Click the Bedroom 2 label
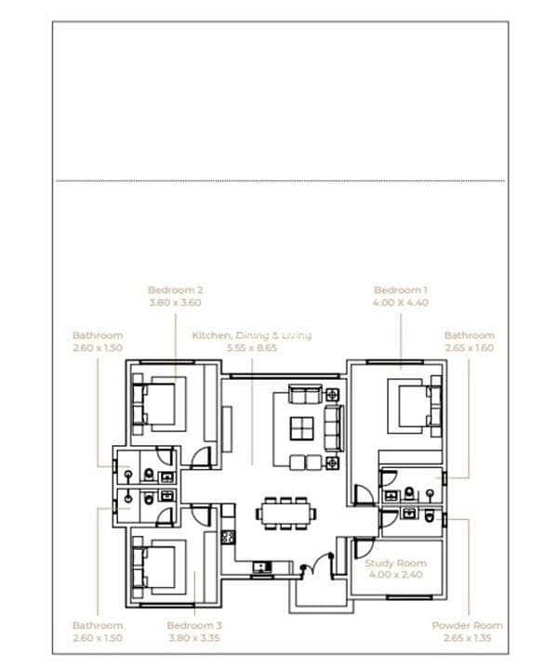175,290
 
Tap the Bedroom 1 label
401,290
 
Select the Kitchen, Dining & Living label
252,335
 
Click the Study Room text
396,563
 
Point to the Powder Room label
467,626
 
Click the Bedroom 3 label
194,626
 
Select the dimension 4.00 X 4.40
401,303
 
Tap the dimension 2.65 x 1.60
470,348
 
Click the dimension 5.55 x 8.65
252,348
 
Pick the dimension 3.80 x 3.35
194,638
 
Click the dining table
286,514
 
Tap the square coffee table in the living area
302,427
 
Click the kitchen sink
262,567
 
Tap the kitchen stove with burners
228,537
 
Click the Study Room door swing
364,548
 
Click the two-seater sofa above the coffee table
305,394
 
